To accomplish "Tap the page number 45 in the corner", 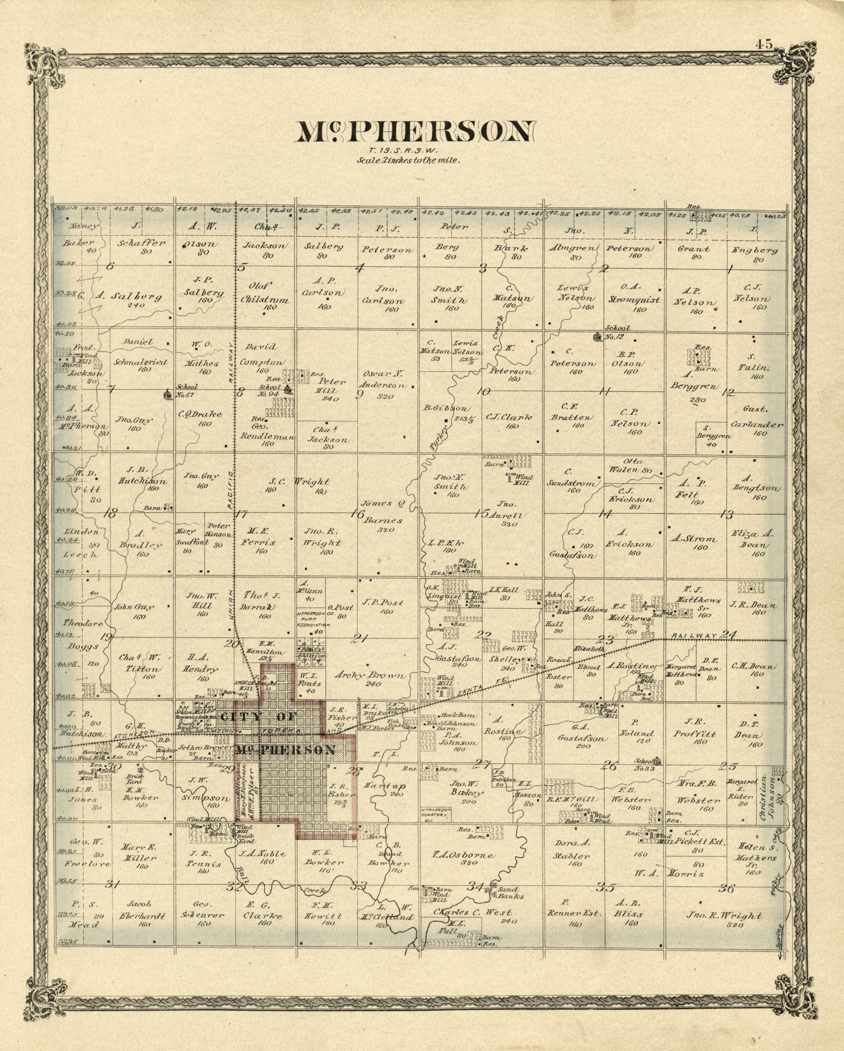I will coord(764,44).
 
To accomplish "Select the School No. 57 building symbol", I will coord(167,394).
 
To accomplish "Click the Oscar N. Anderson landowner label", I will coord(385,380).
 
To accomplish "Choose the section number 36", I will coord(726,888).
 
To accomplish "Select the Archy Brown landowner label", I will coord(370,675).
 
